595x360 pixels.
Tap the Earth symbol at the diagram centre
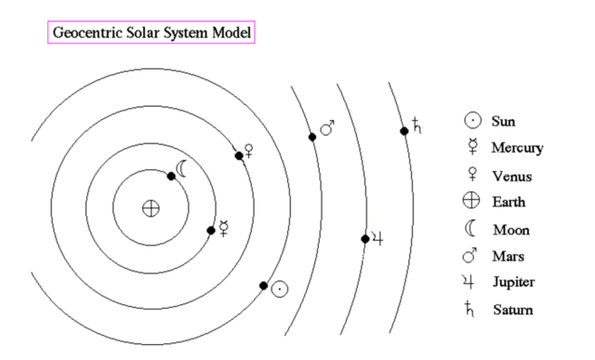point(150,208)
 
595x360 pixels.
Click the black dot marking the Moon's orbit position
point(172,176)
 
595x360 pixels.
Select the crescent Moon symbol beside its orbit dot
point(183,168)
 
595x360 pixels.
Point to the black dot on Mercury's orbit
point(211,231)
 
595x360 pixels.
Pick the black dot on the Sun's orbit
point(264,285)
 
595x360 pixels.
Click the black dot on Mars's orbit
point(312,137)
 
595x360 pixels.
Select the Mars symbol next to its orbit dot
point(327,127)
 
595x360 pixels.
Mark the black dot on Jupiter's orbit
point(365,239)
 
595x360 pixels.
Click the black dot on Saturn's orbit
point(404,131)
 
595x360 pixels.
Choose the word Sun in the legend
point(503,121)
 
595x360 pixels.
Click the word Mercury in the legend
point(517,148)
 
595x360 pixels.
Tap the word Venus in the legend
point(509,174)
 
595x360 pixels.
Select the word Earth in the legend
point(508,201)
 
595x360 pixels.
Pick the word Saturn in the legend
point(510,308)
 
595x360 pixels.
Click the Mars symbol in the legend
point(471,254)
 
